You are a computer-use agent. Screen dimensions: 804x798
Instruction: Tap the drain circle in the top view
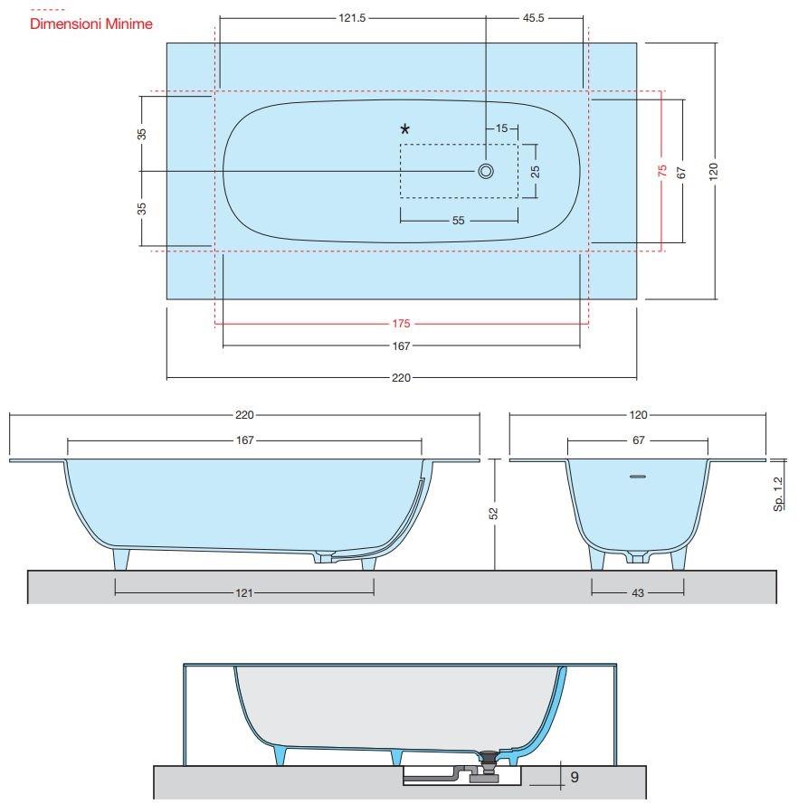(x=486, y=171)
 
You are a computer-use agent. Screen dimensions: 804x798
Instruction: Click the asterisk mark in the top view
(x=404, y=129)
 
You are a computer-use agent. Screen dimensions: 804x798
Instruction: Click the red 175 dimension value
(x=402, y=323)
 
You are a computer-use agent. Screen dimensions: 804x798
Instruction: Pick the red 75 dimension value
(x=662, y=171)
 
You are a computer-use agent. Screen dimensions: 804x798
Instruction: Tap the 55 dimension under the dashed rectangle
(x=458, y=220)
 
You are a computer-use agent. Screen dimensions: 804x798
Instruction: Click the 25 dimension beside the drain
(x=535, y=171)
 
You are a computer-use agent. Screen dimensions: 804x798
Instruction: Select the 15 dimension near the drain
(x=501, y=129)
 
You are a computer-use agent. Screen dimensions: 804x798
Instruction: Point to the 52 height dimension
(x=495, y=514)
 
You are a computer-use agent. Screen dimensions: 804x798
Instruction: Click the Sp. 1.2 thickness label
(x=779, y=496)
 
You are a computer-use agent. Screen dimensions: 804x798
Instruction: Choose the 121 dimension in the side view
(x=244, y=592)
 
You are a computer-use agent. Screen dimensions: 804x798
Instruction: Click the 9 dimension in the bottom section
(x=575, y=776)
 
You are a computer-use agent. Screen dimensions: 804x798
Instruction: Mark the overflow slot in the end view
(x=638, y=475)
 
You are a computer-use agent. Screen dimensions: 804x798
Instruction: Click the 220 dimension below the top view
(x=401, y=377)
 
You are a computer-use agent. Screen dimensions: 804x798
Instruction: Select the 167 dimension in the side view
(x=244, y=440)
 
